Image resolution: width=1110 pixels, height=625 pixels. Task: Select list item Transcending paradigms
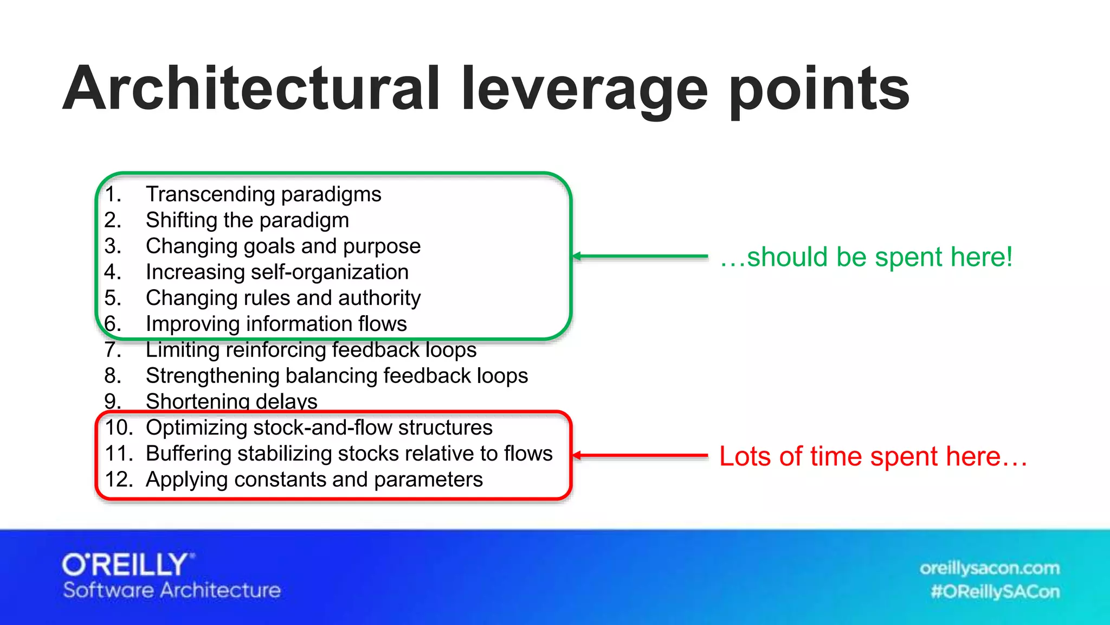coord(263,194)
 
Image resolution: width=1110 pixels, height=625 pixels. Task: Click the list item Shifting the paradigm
coord(247,220)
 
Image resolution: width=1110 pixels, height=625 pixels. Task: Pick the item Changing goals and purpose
coord(283,246)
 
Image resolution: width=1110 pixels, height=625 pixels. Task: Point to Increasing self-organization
coord(277,272)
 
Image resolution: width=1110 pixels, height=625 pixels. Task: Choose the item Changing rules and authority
coord(283,298)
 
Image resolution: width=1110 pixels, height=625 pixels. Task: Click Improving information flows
coord(276,324)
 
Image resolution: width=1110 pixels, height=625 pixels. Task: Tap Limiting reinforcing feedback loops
coord(311,350)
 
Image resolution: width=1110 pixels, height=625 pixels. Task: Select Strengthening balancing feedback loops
coord(337,376)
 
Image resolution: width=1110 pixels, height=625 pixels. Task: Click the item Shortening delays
coord(231,401)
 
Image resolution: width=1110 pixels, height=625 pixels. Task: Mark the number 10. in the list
coord(119,428)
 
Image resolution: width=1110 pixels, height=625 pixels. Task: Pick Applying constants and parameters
coord(314,480)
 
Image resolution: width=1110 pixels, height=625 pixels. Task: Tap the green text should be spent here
coord(866,257)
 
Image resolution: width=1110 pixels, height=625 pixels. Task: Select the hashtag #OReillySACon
coord(995,591)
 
